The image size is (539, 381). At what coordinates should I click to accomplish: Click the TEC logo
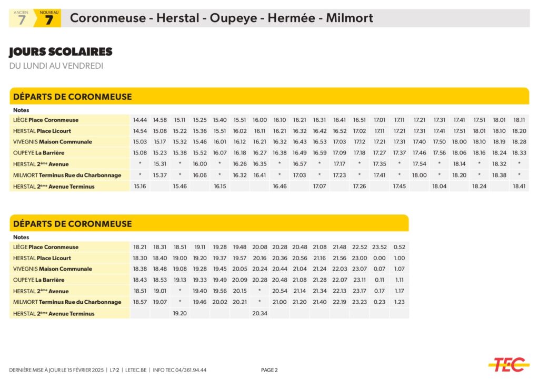pos(508,364)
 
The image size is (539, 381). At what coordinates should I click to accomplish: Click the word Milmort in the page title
pos(349,18)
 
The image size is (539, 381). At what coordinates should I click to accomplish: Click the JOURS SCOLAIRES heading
pos(61,52)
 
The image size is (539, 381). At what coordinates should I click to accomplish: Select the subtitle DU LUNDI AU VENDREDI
pos(56,66)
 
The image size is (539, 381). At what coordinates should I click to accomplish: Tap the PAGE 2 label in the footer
pos(269,370)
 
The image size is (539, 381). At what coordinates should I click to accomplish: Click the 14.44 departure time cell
pos(139,120)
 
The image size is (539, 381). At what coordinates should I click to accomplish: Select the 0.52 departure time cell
pos(399,247)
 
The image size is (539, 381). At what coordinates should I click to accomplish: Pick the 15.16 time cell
pos(139,186)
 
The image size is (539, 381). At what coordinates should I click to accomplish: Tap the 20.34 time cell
pos(259,313)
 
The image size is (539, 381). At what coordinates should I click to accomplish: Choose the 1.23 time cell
pos(399,302)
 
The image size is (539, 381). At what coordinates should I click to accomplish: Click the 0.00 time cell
pos(379,258)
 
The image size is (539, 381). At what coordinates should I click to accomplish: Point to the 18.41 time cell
pos(519,186)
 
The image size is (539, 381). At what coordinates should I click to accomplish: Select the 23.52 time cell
pos(379,247)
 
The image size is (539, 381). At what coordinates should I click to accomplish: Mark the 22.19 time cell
pos(340,302)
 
